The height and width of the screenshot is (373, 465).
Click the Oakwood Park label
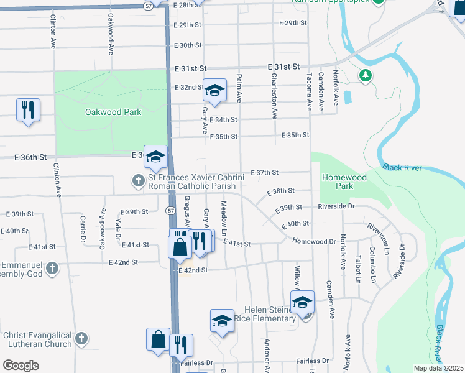(x=113, y=113)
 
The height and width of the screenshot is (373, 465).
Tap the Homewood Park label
(x=344, y=182)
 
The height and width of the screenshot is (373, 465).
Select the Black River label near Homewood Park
(x=402, y=168)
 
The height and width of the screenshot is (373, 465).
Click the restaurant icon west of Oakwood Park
(x=28, y=110)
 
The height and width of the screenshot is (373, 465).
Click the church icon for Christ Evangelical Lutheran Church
(x=82, y=339)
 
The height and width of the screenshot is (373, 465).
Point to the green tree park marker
(x=366, y=76)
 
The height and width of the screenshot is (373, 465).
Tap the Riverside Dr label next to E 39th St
(x=336, y=206)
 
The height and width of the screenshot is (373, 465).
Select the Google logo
(x=21, y=365)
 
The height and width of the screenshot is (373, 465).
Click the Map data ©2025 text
(x=439, y=368)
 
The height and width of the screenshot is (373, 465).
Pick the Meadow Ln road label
(x=223, y=218)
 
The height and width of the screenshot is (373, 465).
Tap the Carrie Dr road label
(x=83, y=228)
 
